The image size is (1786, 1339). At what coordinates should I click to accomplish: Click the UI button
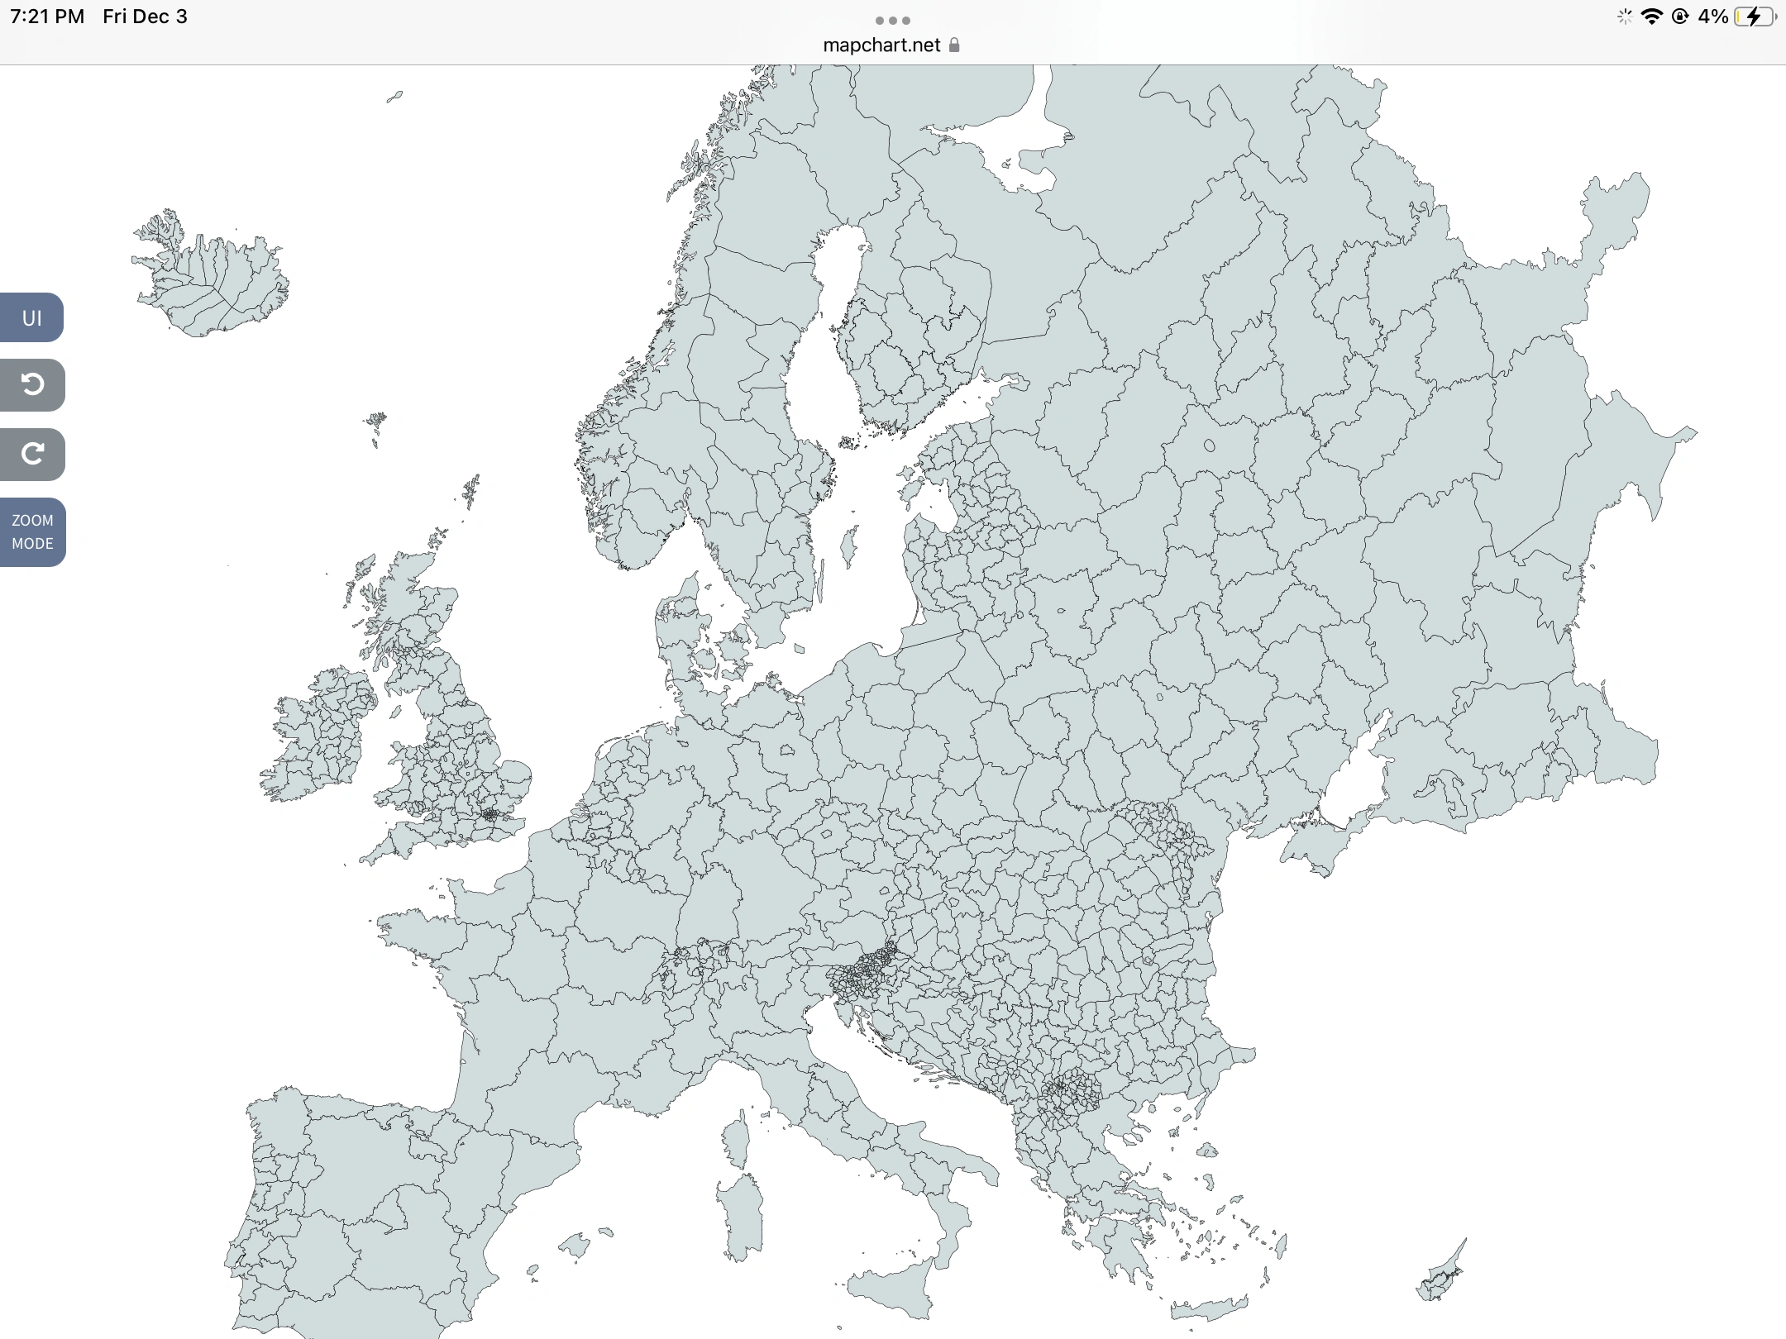click(31, 317)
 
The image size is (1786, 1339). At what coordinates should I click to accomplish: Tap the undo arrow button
click(32, 384)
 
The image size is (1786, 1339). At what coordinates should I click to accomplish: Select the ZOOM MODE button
click(32, 531)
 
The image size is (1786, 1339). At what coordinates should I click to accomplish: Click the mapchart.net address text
click(881, 45)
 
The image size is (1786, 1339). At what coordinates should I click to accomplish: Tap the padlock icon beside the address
click(954, 45)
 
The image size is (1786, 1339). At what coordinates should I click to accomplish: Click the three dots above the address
click(892, 21)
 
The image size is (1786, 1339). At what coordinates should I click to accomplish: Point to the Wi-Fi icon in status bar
click(1651, 17)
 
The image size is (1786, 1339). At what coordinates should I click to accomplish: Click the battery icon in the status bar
click(1754, 17)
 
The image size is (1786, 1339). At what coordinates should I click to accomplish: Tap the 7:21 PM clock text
click(47, 17)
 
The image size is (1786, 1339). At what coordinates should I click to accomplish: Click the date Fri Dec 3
click(145, 17)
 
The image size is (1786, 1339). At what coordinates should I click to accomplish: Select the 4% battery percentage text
click(1712, 17)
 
